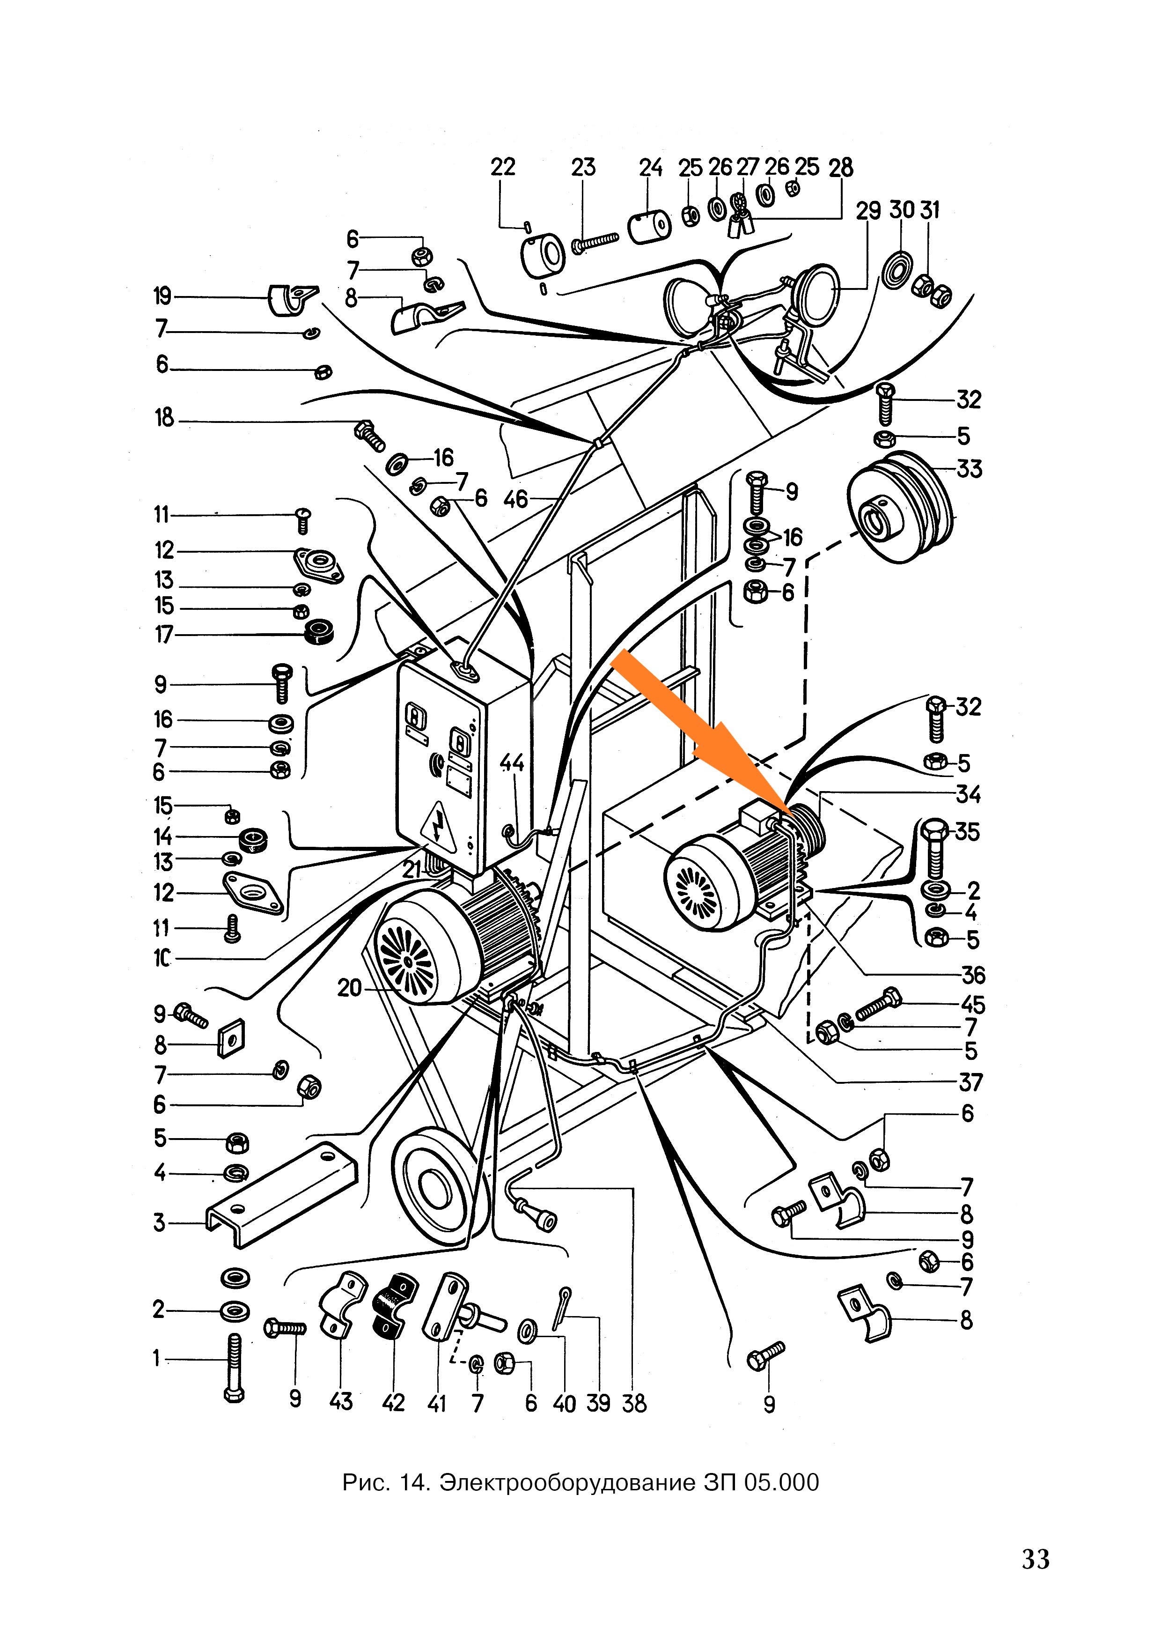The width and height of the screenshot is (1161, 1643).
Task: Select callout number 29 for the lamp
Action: [x=868, y=212]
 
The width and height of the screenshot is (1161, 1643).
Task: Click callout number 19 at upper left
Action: [x=162, y=296]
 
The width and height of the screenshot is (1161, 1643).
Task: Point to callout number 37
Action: [x=971, y=1083]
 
